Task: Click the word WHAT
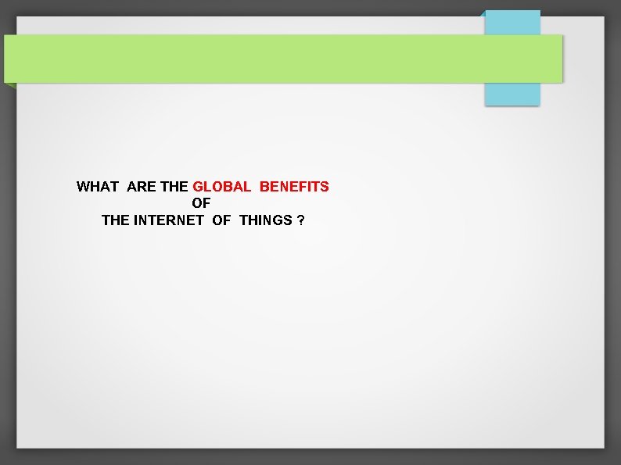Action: pyautogui.click(x=97, y=187)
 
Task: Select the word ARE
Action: pyautogui.click(x=141, y=187)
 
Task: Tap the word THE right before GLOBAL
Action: pyautogui.click(x=174, y=187)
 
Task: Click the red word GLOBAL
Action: pyautogui.click(x=221, y=187)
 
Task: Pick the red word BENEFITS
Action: pyautogui.click(x=294, y=187)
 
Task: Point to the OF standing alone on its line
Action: pyautogui.click(x=201, y=203)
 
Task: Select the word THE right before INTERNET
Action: pyautogui.click(x=116, y=220)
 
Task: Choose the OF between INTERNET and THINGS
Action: pyautogui.click(x=221, y=220)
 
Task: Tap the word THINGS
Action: pyautogui.click(x=266, y=220)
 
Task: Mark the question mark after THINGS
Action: pyautogui.click(x=301, y=220)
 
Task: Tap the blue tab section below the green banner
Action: pyautogui.click(x=512, y=94)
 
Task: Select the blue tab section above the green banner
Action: pyautogui.click(x=512, y=22)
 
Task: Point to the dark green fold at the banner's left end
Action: pyautogui.click(x=9, y=85)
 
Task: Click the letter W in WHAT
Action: pyautogui.click(x=83, y=187)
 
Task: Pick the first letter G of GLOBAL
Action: pyautogui.click(x=198, y=187)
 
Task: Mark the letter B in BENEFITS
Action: pyautogui.click(x=264, y=187)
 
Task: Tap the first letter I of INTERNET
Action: pyautogui.click(x=136, y=220)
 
